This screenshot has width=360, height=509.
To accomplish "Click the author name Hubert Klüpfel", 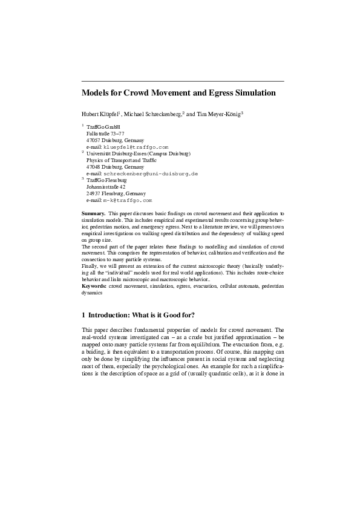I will click(x=100, y=114).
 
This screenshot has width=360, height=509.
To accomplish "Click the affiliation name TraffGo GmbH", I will click(x=104, y=127).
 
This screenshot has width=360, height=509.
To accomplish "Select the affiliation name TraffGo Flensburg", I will click(x=107, y=180).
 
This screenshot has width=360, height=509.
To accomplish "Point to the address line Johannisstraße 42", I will click(x=106, y=187).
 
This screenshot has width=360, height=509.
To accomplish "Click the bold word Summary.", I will click(x=93, y=214).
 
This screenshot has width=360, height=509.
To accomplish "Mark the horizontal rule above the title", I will click(x=182, y=81).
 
